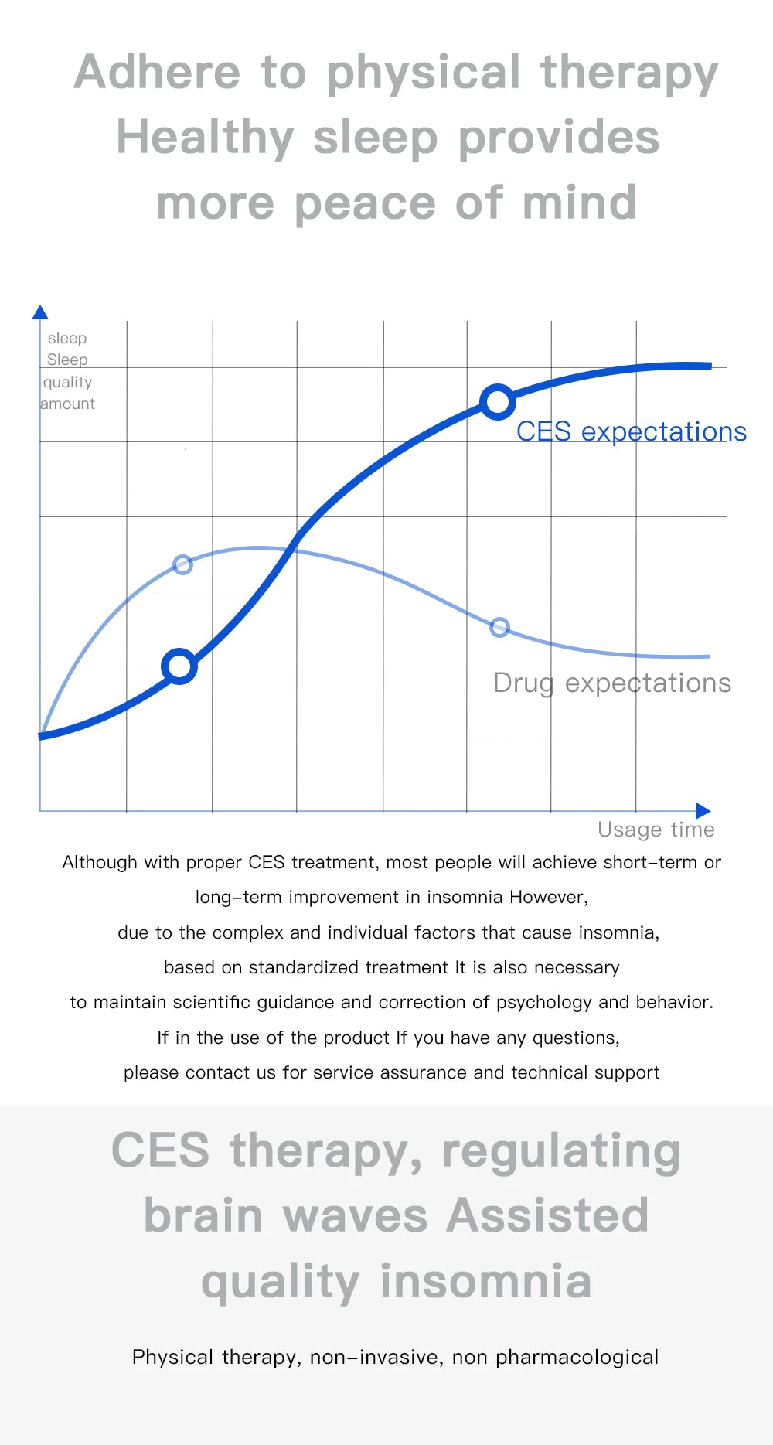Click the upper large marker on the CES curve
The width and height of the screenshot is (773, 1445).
(x=498, y=401)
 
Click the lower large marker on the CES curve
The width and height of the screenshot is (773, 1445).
(x=179, y=666)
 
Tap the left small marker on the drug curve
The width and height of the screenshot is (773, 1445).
(x=182, y=564)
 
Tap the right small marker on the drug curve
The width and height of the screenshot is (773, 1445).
(x=500, y=627)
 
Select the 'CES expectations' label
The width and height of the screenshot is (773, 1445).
(x=631, y=431)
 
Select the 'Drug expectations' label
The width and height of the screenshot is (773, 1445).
(x=611, y=683)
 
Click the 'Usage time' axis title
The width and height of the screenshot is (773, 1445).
(x=656, y=830)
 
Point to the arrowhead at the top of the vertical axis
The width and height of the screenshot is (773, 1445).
(x=40, y=312)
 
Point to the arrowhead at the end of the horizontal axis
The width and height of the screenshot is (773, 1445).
(x=703, y=811)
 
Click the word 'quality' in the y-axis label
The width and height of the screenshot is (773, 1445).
(x=67, y=382)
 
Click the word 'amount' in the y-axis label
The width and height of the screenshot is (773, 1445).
(x=67, y=404)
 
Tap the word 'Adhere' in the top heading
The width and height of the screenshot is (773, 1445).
(x=158, y=72)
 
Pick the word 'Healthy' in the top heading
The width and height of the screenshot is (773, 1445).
(x=205, y=138)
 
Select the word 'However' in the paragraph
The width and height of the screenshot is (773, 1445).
(x=548, y=897)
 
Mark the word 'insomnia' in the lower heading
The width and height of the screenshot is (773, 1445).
(x=485, y=1280)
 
